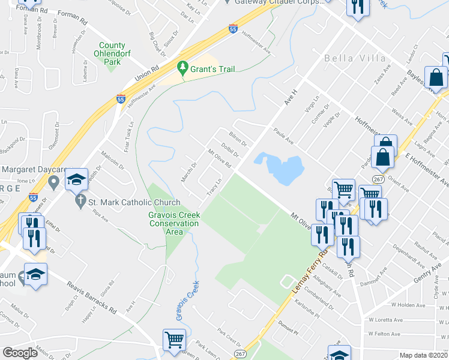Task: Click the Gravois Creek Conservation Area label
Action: coord(173,223)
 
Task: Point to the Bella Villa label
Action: coord(349,59)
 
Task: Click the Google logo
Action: coord(20,353)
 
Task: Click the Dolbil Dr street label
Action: coord(230,150)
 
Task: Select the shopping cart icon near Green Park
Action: coord(174,340)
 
